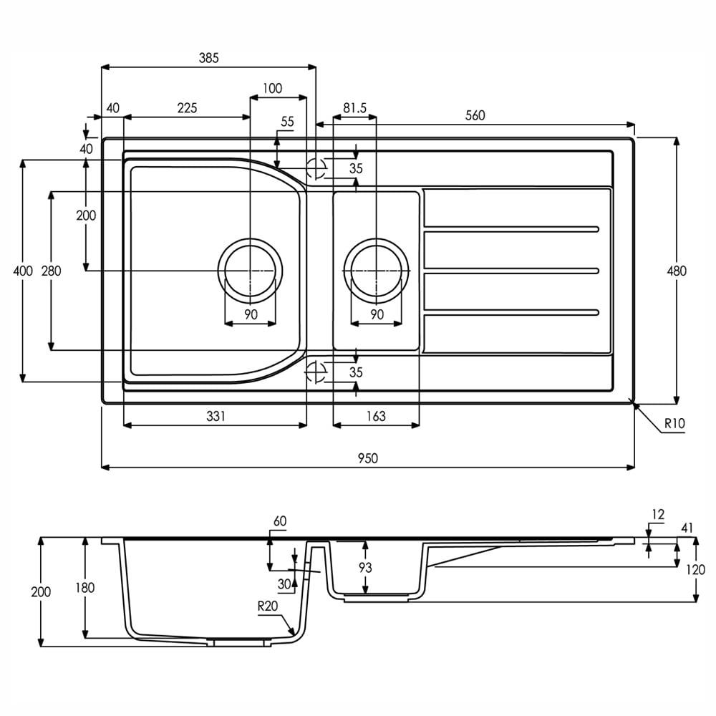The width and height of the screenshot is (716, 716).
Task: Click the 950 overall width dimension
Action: (x=367, y=458)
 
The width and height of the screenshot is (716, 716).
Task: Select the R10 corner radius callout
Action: (x=674, y=423)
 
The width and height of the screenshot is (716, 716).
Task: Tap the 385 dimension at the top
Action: (x=208, y=57)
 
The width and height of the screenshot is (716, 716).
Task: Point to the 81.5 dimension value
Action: (x=354, y=108)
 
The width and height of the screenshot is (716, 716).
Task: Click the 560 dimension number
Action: (x=475, y=115)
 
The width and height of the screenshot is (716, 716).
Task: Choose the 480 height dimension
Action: (x=677, y=271)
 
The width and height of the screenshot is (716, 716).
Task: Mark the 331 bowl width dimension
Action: (x=216, y=416)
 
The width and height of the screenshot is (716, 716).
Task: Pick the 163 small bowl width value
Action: (x=375, y=416)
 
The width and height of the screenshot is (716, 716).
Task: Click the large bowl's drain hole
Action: (x=250, y=270)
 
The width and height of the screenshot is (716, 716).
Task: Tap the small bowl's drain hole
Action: (x=376, y=270)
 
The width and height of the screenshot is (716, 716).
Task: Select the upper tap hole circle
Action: (x=316, y=168)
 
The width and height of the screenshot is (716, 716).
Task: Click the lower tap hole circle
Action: (x=316, y=371)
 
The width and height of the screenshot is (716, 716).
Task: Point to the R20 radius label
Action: (x=267, y=605)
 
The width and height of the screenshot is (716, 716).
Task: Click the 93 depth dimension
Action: (x=366, y=568)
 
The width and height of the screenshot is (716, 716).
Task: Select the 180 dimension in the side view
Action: (x=85, y=588)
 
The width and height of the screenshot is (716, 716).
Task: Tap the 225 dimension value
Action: (x=187, y=108)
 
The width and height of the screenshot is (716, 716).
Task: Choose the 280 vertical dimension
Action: (x=52, y=271)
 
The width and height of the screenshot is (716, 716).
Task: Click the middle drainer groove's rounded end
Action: (x=596, y=270)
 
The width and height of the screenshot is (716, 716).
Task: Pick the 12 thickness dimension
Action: (x=658, y=514)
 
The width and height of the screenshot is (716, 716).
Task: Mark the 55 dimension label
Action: (x=287, y=122)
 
